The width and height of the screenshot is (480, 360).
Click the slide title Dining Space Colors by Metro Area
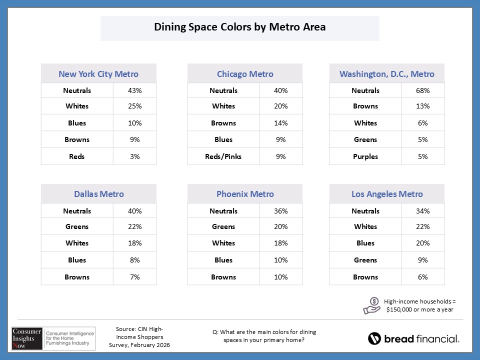click(240, 27)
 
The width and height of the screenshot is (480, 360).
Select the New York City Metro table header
click(98, 74)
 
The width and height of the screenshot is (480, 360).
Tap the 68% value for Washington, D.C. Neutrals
click(422, 90)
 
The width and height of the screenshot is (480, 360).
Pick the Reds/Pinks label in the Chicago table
click(223, 156)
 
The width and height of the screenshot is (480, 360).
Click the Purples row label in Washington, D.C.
click(365, 156)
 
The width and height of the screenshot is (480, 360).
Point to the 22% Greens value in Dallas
click(134, 226)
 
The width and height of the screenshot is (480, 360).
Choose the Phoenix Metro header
click(245, 194)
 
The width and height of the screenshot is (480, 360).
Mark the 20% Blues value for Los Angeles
click(422, 243)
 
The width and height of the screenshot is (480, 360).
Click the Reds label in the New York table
click(77, 156)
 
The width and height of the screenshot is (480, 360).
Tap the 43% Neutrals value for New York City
click(134, 90)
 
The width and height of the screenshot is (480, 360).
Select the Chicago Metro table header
click(245, 74)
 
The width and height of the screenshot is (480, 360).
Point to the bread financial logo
click(413, 339)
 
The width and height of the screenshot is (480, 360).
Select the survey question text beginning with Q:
click(264, 336)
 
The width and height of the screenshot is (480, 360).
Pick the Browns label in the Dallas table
click(77, 277)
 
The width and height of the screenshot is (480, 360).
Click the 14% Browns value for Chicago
click(281, 123)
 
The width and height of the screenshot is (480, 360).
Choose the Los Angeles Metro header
click(387, 194)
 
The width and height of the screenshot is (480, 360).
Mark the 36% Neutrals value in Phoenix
click(281, 211)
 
